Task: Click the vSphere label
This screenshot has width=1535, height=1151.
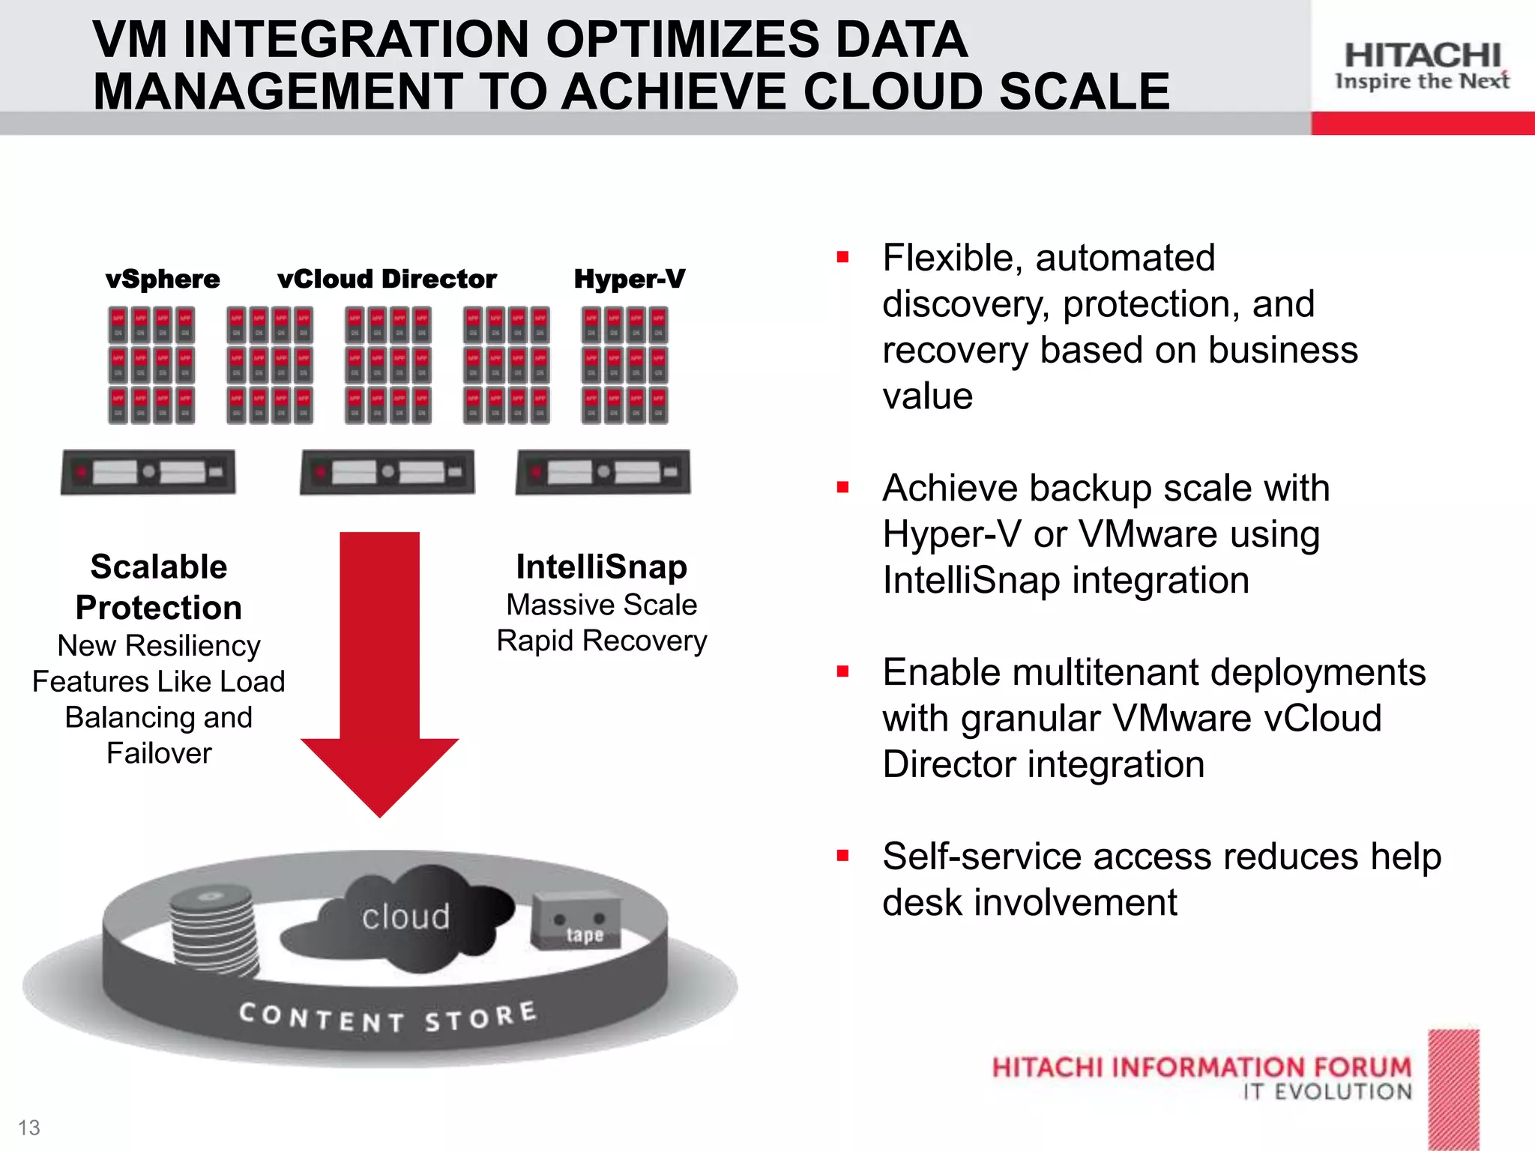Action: point(163,279)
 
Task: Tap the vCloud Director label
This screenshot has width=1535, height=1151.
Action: point(387,279)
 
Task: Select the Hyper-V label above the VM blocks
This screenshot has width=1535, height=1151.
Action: point(629,279)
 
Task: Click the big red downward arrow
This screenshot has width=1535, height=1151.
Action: point(380,674)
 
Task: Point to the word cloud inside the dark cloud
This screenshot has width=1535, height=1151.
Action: point(405,917)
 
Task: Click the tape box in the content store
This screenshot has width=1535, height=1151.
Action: point(576,921)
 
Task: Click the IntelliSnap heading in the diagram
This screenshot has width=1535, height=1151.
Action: point(601,567)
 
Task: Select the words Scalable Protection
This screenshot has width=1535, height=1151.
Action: point(159,587)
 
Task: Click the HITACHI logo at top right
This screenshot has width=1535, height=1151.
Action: point(1422,56)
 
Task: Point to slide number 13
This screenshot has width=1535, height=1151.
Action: point(29,1127)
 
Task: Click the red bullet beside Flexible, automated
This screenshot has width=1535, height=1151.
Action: point(843,258)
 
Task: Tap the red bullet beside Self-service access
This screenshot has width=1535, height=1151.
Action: point(843,856)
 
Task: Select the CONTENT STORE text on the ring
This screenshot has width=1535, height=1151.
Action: point(387,1017)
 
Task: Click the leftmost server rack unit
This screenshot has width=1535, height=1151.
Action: point(148,472)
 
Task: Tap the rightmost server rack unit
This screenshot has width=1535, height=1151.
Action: point(603,472)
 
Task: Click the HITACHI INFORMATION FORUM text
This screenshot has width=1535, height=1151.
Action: point(1201,1067)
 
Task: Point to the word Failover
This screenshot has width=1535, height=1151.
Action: point(159,753)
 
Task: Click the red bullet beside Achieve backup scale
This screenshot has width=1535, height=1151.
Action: point(843,488)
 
